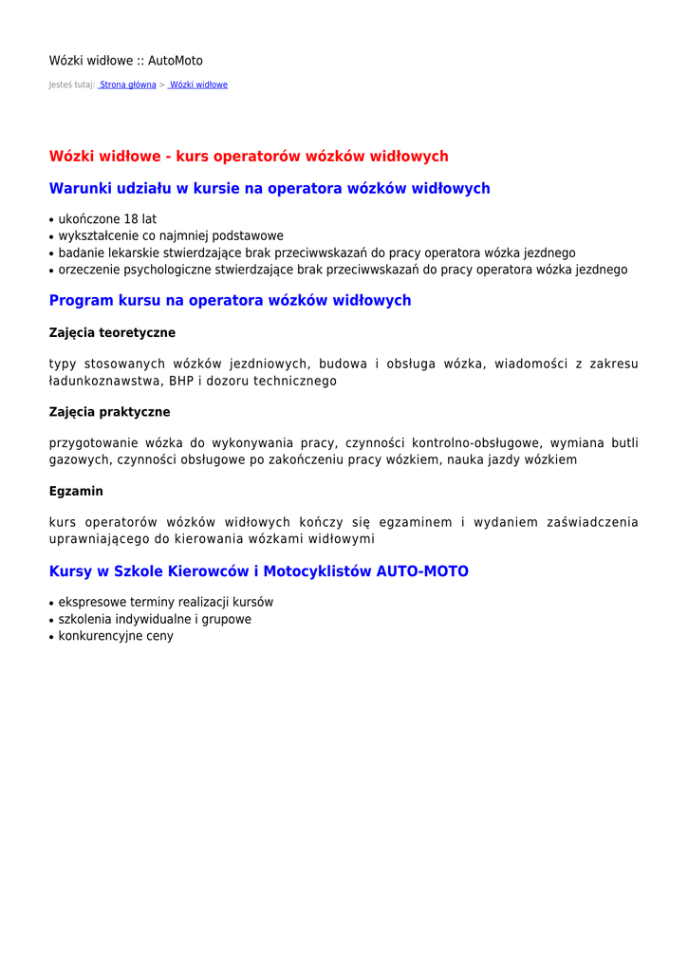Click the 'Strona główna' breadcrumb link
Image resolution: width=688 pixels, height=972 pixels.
click(x=128, y=84)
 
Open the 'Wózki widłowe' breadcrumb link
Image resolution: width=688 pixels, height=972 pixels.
click(x=198, y=84)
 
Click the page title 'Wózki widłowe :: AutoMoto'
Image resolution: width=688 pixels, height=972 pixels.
click(x=125, y=61)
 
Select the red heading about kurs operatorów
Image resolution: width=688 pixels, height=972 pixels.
click(x=249, y=156)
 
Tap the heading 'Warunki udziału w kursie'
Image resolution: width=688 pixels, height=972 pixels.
click(x=270, y=188)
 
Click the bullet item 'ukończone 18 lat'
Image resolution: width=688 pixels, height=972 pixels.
click(x=107, y=219)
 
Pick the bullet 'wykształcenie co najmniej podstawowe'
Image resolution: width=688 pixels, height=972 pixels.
click(x=171, y=235)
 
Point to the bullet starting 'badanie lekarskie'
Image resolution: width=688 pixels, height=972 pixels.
click(x=317, y=252)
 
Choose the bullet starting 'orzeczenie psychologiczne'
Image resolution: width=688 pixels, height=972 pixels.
click(x=343, y=270)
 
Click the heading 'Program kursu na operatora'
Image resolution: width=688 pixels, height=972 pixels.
click(x=230, y=300)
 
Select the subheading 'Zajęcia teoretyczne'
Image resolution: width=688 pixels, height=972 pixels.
click(x=112, y=332)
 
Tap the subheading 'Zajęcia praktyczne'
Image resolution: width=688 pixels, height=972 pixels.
click(x=109, y=412)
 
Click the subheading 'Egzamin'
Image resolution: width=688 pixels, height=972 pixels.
click(x=76, y=492)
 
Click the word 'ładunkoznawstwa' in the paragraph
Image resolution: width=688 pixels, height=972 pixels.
click(x=105, y=381)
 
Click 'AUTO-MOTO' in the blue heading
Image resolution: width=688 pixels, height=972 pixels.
click(x=422, y=571)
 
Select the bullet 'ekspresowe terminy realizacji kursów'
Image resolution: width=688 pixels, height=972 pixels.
click(x=165, y=602)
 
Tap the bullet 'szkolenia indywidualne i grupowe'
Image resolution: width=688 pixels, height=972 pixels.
click(x=155, y=619)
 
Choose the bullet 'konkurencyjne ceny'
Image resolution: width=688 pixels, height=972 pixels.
click(x=116, y=636)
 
